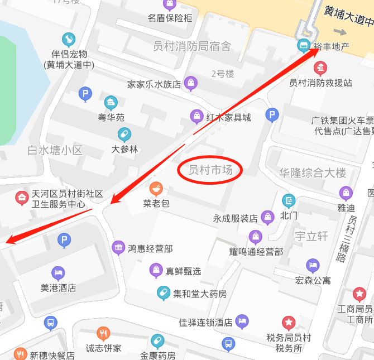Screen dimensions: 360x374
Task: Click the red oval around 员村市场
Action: tap(210, 170)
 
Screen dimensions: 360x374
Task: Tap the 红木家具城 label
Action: tap(228, 117)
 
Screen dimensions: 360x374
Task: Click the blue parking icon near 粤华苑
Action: tap(85, 94)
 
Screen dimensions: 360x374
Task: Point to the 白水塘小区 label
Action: tap(55, 150)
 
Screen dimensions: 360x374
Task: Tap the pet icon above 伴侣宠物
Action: tap(69, 39)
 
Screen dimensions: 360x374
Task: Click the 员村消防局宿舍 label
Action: tap(191, 46)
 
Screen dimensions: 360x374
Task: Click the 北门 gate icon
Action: tap(289, 200)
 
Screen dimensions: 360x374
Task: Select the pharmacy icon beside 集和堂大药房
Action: tap(163, 292)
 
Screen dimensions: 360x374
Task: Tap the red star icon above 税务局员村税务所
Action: tap(288, 323)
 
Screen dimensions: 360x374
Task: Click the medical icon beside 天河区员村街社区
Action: tap(21, 198)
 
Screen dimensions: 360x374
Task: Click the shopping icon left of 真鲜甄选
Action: tap(156, 271)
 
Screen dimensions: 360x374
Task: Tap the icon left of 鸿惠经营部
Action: tap(118, 248)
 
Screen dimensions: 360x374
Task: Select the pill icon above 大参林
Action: tap(124, 135)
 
